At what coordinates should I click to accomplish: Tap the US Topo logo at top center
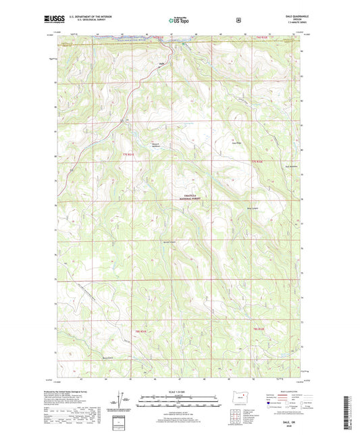tap(179, 21)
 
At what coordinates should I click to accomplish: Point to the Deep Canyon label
tap(272, 209)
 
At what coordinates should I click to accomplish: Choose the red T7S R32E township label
tap(256, 162)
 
